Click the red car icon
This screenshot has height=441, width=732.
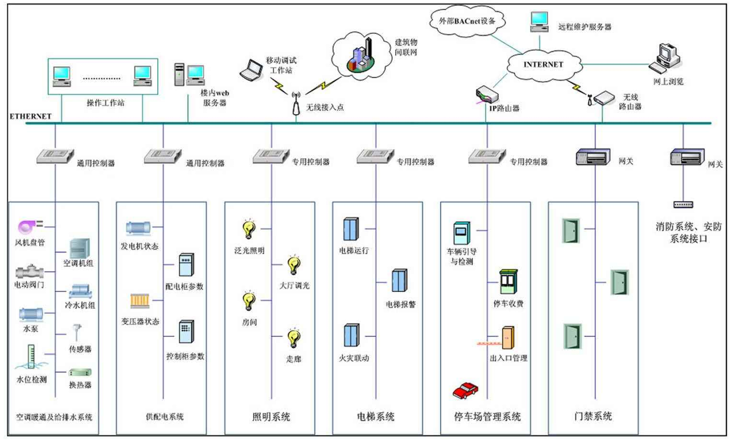[x=465, y=390]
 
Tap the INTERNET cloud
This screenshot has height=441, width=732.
[x=543, y=64]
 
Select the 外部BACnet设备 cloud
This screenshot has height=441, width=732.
[x=467, y=21]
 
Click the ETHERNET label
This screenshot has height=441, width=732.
[x=30, y=116]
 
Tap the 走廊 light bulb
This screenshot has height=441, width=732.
[x=294, y=338]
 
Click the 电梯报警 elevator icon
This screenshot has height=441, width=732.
[x=399, y=281]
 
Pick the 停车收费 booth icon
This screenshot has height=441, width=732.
[x=508, y=282]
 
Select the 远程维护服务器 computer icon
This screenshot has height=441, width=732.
[x=540, y=21]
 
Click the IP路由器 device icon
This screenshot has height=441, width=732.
[x=486, y=95]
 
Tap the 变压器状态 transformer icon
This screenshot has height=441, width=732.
[x=140, y=301]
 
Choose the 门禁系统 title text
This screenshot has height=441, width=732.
[x=593, y=416]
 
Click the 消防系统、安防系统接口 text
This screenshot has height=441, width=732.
[x=688, y=232]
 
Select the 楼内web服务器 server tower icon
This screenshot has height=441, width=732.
[x=179, y=74]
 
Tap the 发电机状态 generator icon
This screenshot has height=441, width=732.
[x=138, y=228]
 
